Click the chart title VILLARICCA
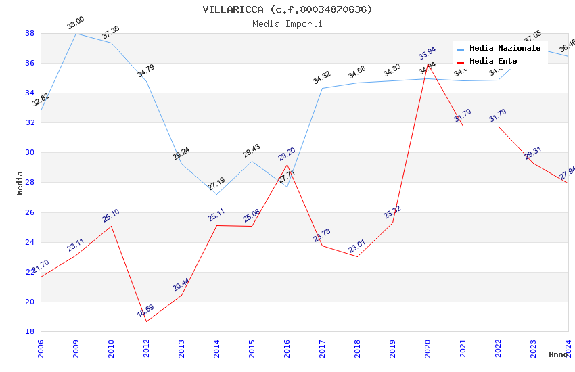287,9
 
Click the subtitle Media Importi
287,24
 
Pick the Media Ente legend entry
493,61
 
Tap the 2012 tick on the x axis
146,347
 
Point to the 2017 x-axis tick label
322,347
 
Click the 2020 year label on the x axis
428,347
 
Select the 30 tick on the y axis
30,153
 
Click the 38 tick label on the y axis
30,33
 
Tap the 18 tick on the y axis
30,332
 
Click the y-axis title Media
20,183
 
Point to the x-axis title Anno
558,354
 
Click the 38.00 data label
75,24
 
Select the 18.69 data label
145,311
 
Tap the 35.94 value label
427,53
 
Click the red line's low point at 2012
146,321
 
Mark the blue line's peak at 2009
76,33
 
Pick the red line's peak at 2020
428,64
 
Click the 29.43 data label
251,151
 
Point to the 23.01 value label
356,246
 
